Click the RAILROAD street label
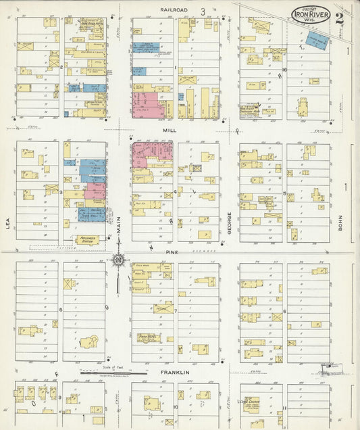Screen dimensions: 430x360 click(x=174, y=9)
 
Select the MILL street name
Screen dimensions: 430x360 click(x=168, y=128)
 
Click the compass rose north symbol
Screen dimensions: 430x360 click(x=118, y=259)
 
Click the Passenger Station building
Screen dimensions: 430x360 click(x=86, y=239)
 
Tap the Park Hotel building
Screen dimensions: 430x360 click(x=148, y=336)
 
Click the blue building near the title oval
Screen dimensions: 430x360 click(x=316, y=39)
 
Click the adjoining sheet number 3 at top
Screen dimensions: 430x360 click(x=202, y=11)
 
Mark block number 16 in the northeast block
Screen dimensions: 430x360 click(x=285, y=70)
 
